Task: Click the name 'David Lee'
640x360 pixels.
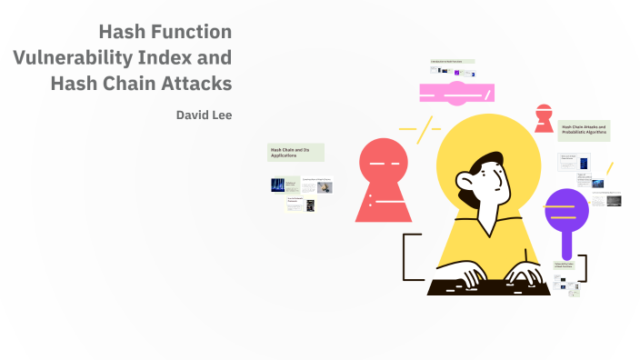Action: tap(204, 115)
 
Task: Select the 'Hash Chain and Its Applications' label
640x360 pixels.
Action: tap(295, 153)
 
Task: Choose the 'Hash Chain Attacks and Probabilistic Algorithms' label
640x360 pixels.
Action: tap(583, 130)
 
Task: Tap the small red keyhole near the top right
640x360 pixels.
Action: tap(544, 117)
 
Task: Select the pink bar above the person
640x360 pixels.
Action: tap(455, 92)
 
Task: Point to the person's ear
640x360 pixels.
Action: tap(465, 193)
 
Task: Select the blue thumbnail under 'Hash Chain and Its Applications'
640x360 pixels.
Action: tap(277, 185)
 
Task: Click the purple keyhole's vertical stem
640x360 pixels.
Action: tap(566, 242)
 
